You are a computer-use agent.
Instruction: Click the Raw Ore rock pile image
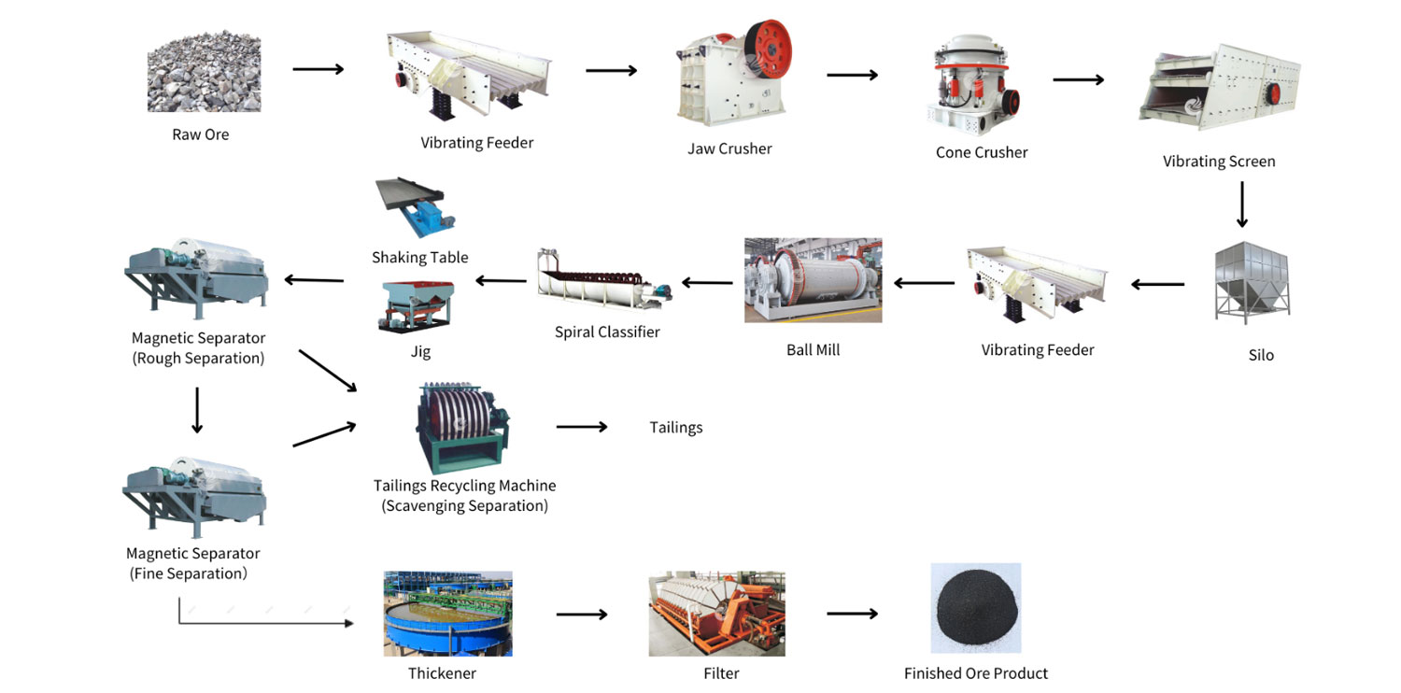click(x=202, y=75)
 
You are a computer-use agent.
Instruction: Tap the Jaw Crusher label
click(x=729, y=148)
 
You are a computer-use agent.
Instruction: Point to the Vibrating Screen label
click(x=1218, y=162)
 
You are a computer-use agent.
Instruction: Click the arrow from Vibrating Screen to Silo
click(x=1241, y=205)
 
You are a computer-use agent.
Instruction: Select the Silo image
click(x=1252, y=283)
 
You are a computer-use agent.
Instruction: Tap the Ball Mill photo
click(x=813, y=280)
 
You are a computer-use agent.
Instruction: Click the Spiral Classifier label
click(x=607, y=332)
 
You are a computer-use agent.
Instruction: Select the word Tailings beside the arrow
click(x=675, y=428)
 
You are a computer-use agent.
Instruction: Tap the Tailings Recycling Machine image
click(x=462, y=428)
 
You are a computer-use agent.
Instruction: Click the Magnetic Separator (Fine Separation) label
click(x=192, y=564)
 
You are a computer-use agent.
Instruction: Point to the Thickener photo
click(x=447, y=614)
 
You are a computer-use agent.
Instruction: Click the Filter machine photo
click(x=716, y=614)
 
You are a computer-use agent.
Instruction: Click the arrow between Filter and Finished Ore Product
click(x=852, y=614)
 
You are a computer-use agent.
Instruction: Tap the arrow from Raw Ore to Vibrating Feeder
click(x=318, y=69)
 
